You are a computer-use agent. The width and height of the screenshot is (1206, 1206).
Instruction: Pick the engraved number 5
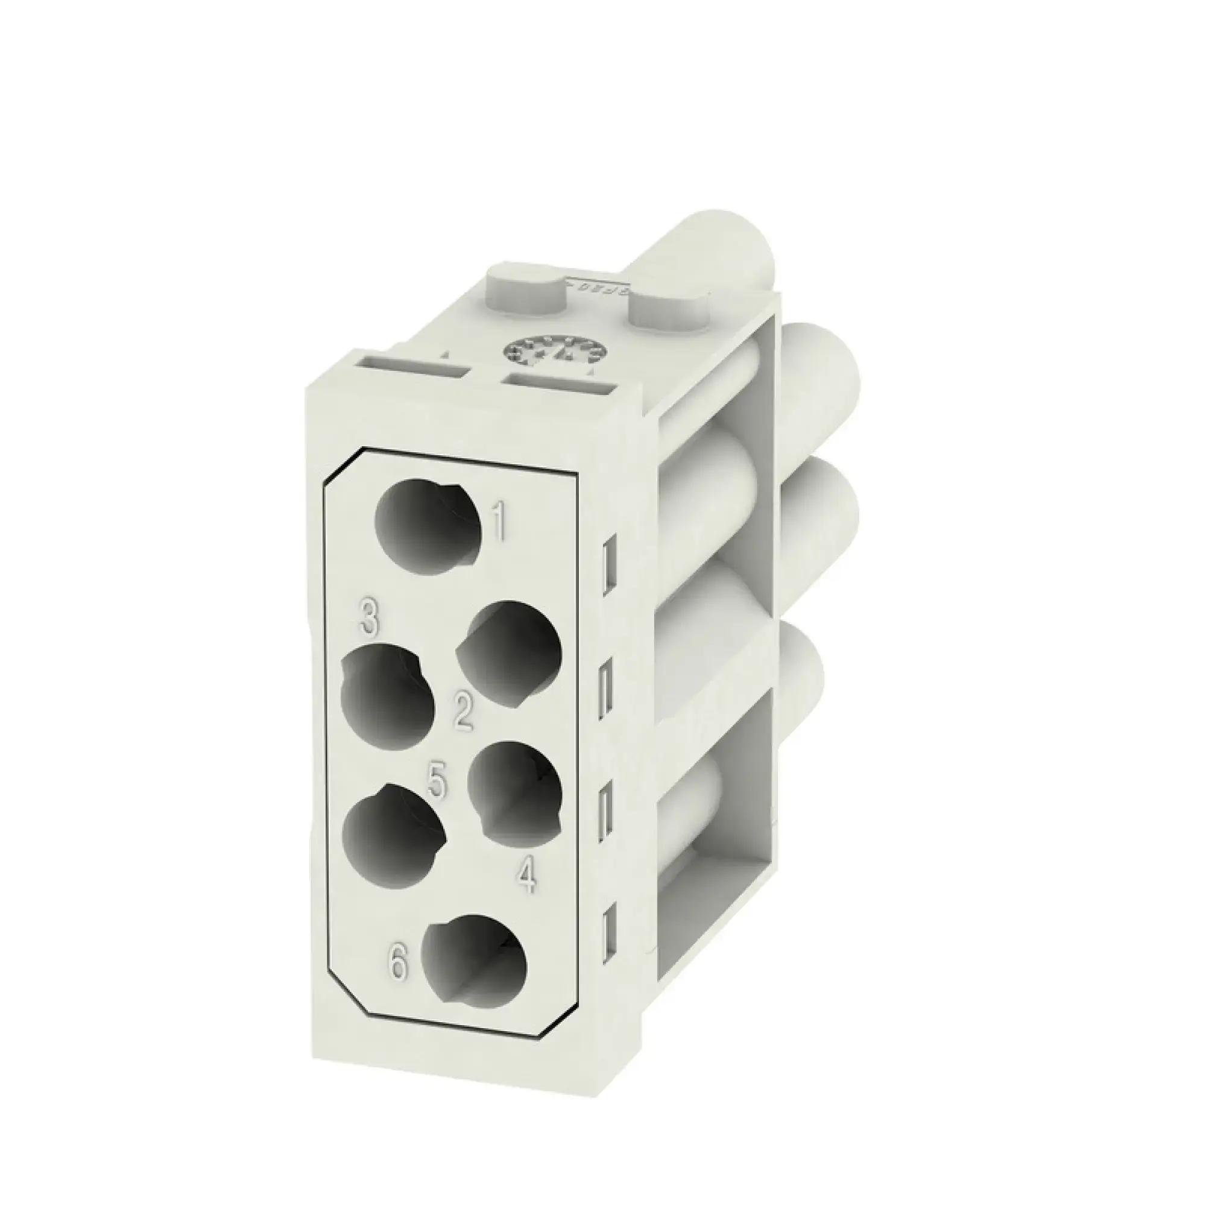pyautogui.click(x=438, y=781)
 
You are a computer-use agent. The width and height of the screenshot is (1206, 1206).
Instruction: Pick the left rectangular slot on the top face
pyautogui.click(x=414, y=368)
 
